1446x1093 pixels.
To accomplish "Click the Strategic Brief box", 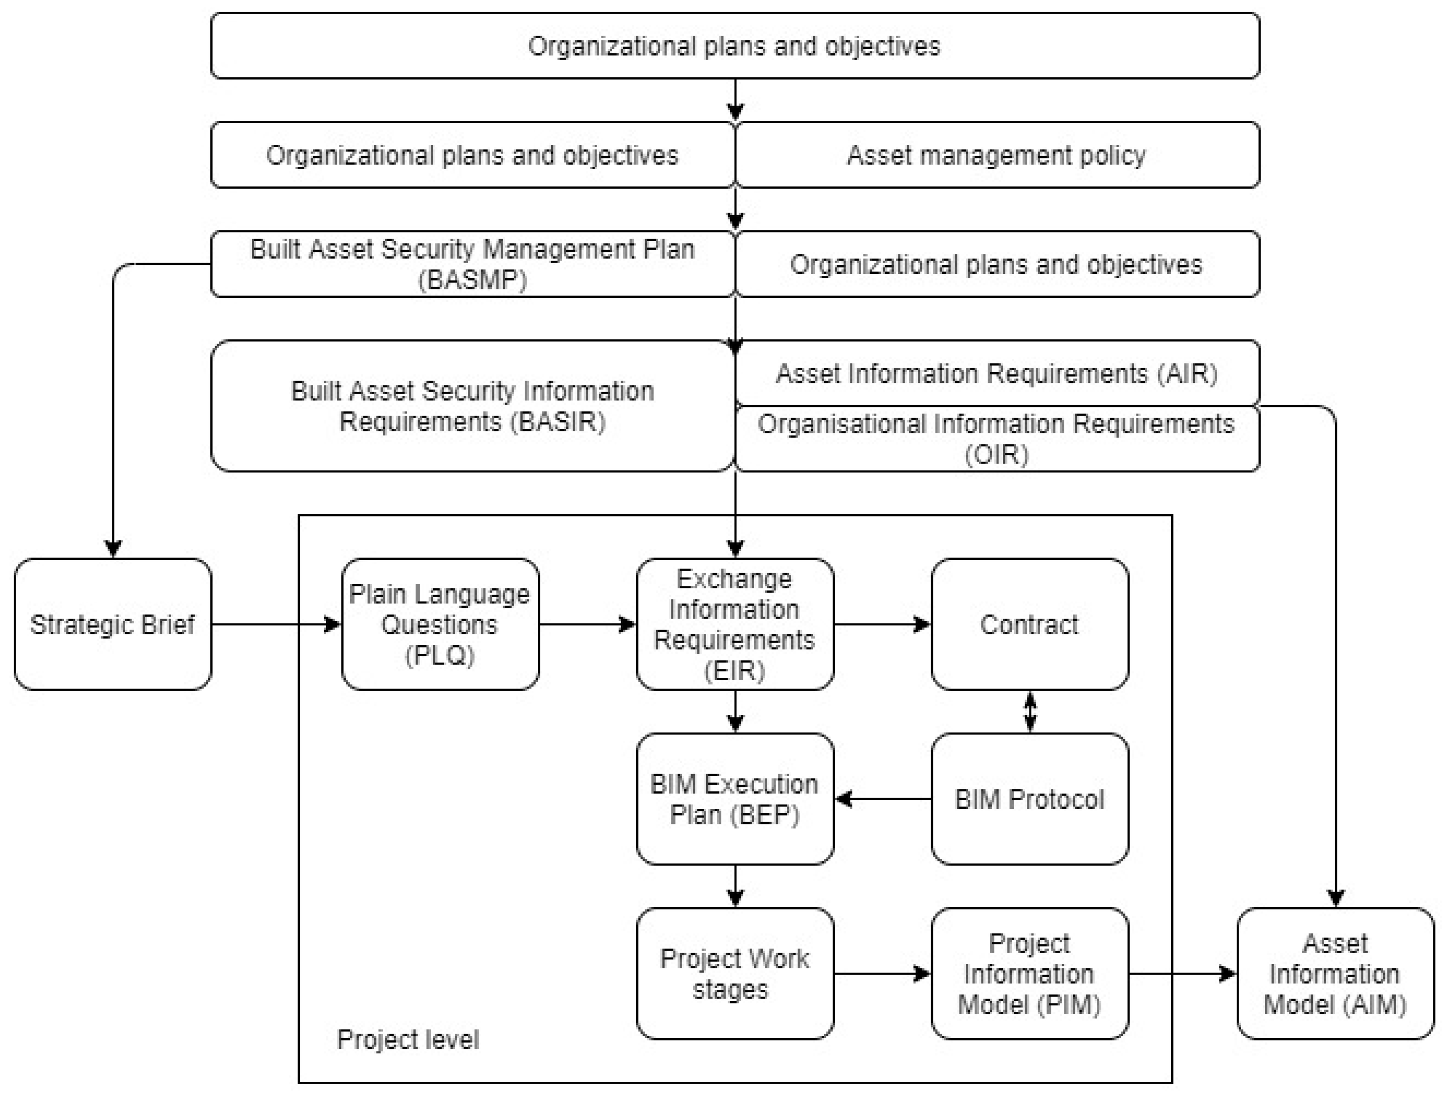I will (112, 625).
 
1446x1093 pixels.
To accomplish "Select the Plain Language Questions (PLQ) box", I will (440, 625).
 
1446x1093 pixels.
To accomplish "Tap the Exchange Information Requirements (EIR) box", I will (735, 625).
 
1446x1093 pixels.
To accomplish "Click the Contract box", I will (1029, 625).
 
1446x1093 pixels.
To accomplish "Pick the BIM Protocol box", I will (1029, 799).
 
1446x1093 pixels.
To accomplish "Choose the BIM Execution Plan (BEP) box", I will (735, 799).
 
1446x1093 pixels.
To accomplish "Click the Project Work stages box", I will (735, 973).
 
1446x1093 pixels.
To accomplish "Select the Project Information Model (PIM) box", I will (1029, 973).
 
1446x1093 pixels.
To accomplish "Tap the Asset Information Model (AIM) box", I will (1335, 973).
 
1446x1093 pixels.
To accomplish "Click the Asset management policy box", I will (997, 155).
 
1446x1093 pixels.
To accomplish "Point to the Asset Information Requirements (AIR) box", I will (997, 373).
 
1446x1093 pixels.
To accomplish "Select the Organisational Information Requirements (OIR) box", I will (997, 439).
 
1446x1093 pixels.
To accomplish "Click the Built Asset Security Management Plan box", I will (473, 264).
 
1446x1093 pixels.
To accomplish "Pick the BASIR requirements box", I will (473, 406).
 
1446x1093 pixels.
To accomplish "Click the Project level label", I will (408, 1039).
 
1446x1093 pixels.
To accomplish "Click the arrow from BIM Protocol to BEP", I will (883, 799).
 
